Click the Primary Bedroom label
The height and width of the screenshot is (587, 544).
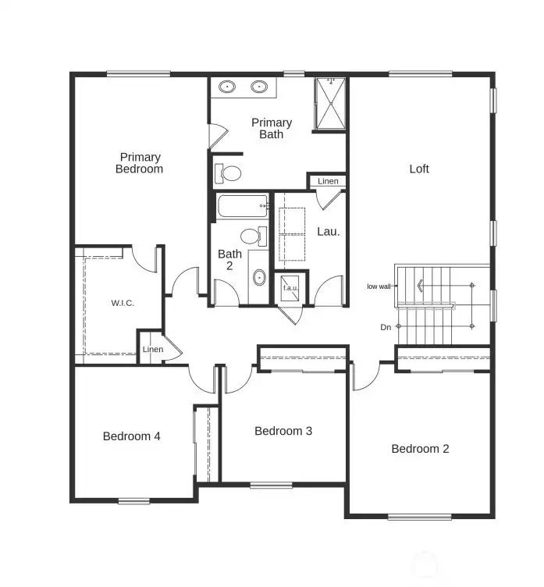click(139, 163)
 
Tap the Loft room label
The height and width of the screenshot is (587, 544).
click(419, 169)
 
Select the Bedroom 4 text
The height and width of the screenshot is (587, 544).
click(132, 436)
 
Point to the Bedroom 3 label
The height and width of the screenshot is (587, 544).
click(283, 431)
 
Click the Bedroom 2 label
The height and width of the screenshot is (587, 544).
click(420, 449)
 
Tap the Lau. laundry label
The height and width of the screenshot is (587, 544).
click(328, 231)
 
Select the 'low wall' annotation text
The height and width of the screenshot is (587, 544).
click(379, 286)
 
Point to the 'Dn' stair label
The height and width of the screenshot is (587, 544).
click(386, 327)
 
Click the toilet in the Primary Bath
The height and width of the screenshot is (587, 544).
click(229, 172)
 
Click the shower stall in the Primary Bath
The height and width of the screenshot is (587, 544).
click(331, 103)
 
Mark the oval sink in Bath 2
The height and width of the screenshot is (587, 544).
click(259, 277)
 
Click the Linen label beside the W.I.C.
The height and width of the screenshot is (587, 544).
click(153, 350)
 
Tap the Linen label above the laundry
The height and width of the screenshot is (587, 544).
click(329, 181)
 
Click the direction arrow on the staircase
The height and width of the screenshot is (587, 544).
click(421, 286)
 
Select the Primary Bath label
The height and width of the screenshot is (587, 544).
click(272, 129)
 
